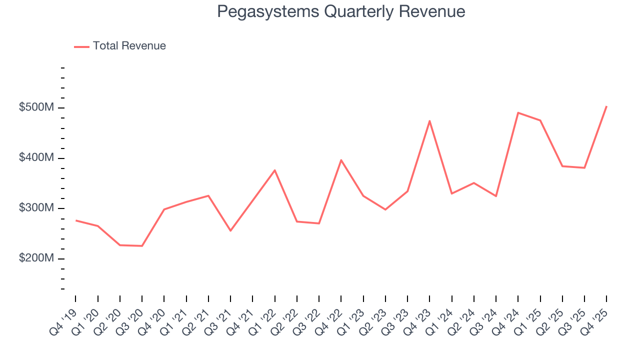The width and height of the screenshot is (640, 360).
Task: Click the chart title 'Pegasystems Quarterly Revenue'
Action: (x=341, y=11)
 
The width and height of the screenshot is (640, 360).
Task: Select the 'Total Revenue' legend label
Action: (x=129, y=46)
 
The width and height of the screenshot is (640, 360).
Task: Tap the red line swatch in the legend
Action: (x=81, y=46)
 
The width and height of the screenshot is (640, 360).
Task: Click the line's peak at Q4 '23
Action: (x=429, y=120)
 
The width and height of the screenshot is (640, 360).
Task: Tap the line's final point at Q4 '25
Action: (x=606, y=106)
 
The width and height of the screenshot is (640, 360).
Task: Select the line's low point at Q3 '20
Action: (x=142, y=246)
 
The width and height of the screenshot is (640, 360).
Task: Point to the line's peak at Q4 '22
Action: (x=341, y=160)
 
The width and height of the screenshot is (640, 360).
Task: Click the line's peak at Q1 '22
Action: (x=274, y=170)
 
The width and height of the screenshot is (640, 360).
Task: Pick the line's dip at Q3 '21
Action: (x=230, y=230)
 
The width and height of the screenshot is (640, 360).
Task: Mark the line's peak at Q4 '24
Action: (x=518, y=112)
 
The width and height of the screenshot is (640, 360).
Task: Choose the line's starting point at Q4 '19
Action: (x=75, y=220)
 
